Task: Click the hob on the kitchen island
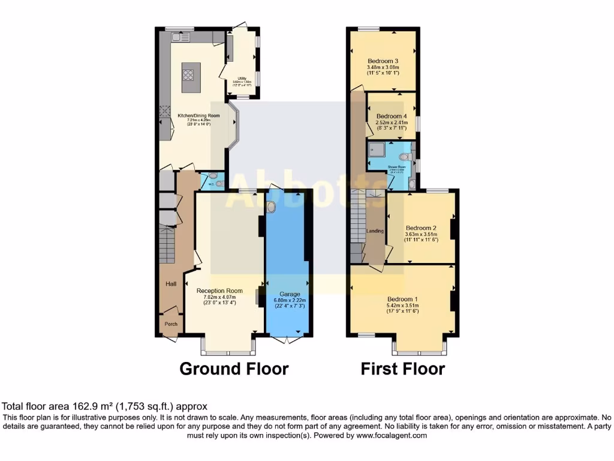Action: (188, 75)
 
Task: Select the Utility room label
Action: (243, 78)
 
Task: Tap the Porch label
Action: (171, 324)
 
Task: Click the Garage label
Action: (289, 294)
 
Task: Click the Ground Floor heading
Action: (234, 368)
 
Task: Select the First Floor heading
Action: (402, 368)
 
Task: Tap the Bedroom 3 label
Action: (383, 61)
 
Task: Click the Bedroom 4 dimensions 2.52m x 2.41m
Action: (392, 122)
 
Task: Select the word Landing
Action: (375, 231)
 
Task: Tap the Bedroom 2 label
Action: (420, 228)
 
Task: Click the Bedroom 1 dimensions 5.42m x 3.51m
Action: (402, 306)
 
